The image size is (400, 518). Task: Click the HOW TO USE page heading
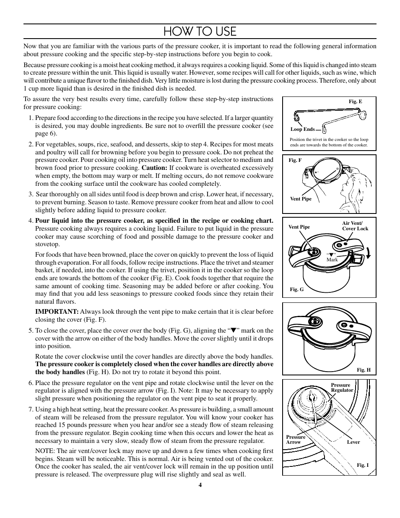(200, 31)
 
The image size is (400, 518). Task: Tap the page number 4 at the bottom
(200, 485)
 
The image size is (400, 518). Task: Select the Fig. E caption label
(355, 102)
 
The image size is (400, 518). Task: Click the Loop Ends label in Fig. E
(302, 130)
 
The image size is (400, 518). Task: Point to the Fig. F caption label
(295, 160)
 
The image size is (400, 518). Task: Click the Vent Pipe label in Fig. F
(301, 199)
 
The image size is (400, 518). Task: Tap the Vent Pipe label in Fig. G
(299, 227)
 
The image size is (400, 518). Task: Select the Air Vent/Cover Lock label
(355, 226)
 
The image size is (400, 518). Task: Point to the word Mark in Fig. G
(332, 260)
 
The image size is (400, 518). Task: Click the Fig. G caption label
(296, 289)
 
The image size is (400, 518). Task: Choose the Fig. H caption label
(364, 370)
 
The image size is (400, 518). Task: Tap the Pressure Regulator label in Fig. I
(342, 388)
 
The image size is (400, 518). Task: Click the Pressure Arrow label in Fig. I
(296, 440)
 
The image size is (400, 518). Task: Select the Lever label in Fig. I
(353, 442)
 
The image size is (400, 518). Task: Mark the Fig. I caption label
(363, 465)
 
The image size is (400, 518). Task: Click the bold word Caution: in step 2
(155, 168)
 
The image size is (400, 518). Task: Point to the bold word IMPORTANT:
(57, 312)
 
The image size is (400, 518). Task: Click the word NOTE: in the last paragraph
(44, 451)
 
